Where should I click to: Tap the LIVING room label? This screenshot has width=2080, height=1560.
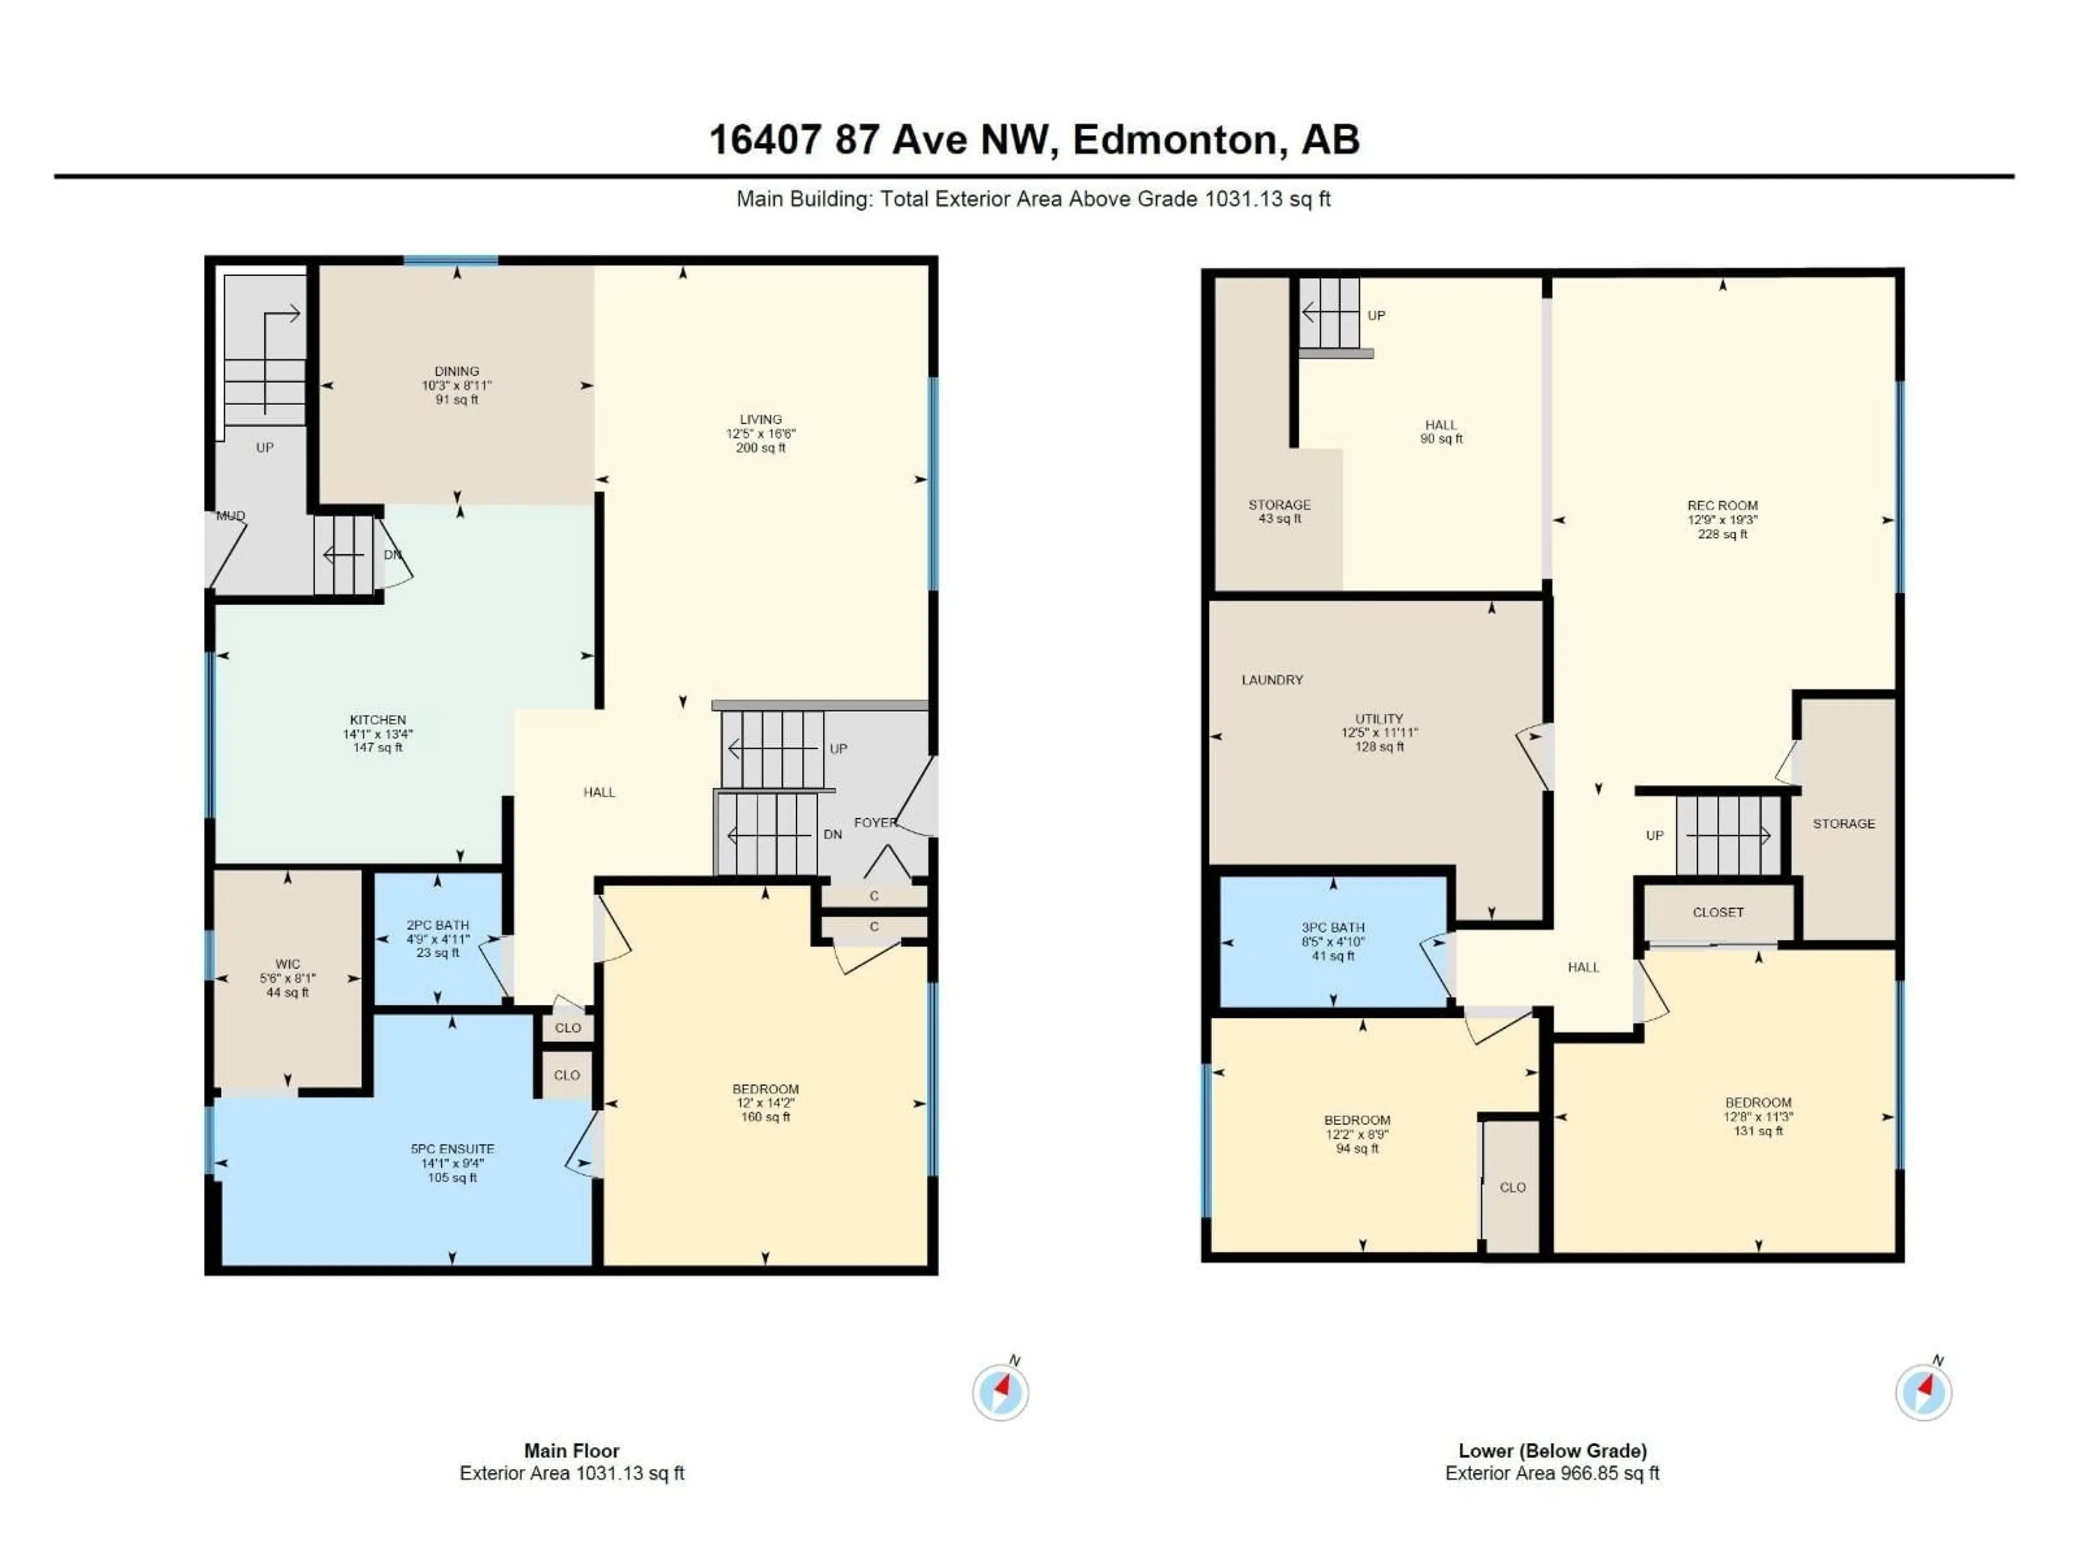click(x=760, y=419)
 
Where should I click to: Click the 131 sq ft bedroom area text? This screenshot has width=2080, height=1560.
click(x=1758, y=1131)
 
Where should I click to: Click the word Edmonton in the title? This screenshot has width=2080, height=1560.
click(x=1174, y=140)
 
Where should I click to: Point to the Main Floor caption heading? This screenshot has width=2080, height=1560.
click(x=571, y=1451)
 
